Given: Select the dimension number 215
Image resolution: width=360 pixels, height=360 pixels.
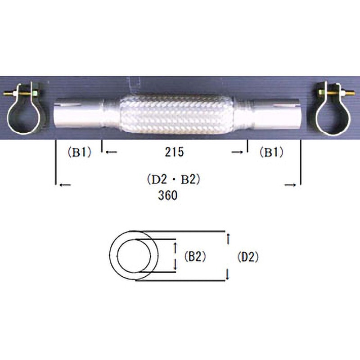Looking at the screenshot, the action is click(x=174, y=152).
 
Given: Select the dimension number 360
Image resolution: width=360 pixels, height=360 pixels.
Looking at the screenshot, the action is click(x=167, y=195).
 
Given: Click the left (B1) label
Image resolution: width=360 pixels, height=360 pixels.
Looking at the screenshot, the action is click(x=80, y=152).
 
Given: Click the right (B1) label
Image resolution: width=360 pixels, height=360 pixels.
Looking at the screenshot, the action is click(x=271, y=152).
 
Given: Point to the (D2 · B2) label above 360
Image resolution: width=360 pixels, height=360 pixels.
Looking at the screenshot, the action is click(x=174, y=180).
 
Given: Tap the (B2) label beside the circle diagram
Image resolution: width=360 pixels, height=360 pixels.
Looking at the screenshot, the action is click(x=195, y=256).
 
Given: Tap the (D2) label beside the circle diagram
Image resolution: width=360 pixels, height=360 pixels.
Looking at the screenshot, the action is click(x=248, y=256).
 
